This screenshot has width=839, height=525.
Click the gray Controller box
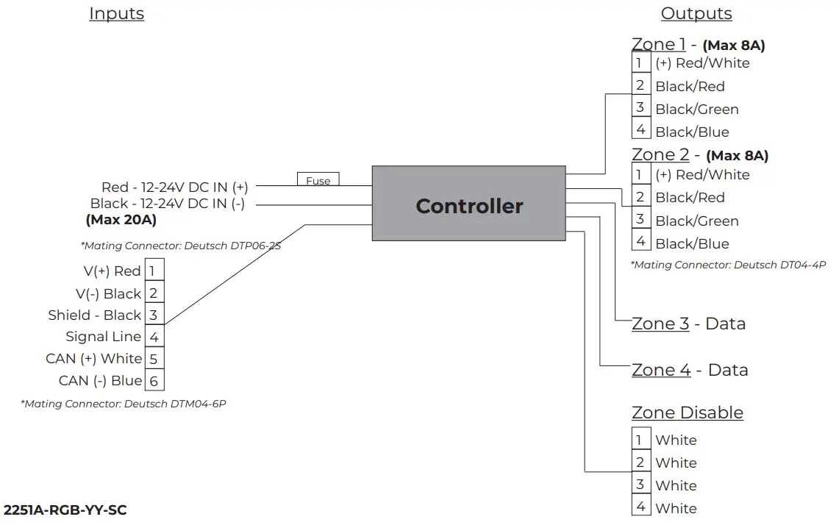(469, 204)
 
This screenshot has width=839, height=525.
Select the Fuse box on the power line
(318, 180)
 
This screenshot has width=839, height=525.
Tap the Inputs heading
(116, 14)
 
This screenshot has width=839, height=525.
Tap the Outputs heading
(696, 14)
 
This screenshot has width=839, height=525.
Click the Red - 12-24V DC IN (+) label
(174, 187)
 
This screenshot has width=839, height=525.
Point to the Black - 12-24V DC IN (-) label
(168, 204)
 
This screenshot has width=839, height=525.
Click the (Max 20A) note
(121, 219)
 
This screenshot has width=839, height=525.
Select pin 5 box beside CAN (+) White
(154, 359)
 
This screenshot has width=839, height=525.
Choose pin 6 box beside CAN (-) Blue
(154, 381)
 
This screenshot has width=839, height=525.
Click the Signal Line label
(103, 337)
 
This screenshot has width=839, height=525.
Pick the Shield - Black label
(94, 315)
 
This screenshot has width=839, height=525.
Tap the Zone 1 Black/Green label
(696, 110)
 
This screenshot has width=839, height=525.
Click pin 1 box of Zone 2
(640, 175)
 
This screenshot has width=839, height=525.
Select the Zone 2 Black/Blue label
(692, 244)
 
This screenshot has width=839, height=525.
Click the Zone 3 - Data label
(688, 324)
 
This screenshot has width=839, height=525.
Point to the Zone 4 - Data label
(689, 370)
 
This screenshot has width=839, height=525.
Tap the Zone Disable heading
(687, 413)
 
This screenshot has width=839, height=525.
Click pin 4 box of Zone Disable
(640, 507)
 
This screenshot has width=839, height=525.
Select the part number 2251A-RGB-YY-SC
(60, 510)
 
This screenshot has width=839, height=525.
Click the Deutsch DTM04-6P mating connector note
(123, 404)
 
